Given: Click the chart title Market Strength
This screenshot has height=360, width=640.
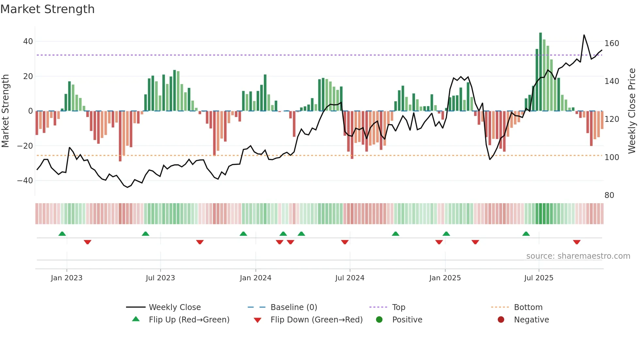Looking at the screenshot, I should (x=47, y=9).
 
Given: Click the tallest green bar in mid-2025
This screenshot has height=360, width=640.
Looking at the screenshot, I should (x=540, y=72).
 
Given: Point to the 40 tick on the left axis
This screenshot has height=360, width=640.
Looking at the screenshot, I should (x=28, y=41).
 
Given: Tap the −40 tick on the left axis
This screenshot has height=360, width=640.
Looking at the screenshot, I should (x=25, y=180).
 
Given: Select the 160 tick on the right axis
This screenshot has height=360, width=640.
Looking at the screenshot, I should (x=612, y=43).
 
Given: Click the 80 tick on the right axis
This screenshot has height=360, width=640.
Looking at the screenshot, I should (x=609, y=195).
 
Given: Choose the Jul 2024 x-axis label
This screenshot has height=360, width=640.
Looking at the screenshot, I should (x=349, y=278).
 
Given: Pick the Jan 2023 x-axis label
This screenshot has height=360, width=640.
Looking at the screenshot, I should (x=67, y=278).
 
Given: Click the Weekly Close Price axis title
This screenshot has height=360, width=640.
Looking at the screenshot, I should (x=632, y=111).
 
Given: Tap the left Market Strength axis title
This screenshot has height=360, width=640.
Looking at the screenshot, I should (x=5, y=111).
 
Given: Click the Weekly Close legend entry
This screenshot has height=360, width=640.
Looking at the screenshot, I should (x=174, y=307).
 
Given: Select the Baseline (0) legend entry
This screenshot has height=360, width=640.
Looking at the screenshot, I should (x=294, y=307).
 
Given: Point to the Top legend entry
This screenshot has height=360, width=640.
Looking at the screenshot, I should (x=398, y=307).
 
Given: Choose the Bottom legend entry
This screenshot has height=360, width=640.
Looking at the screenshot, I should (x=528, y=307).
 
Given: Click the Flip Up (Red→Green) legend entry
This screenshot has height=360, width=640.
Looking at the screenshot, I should (x=189, y=319).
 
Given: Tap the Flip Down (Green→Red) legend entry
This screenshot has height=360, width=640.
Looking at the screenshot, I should (x=316, y=319).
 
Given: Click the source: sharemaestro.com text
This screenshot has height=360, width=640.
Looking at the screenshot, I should (x=578, y=256).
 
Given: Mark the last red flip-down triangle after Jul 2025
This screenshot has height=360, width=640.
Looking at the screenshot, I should (x=577, y=242).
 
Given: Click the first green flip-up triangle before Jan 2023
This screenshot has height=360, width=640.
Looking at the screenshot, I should (x=62, y=234).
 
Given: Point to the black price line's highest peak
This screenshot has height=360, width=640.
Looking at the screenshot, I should (x=584, y=35).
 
